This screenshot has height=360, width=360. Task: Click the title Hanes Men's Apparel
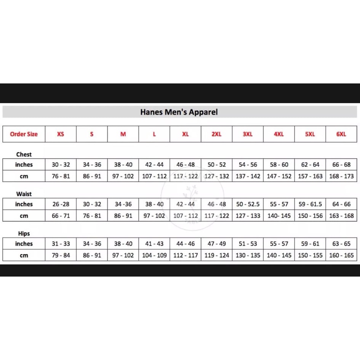click(179, 112)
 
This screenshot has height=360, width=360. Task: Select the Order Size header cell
click(24, 134)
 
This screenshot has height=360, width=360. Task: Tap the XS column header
click(61, 134)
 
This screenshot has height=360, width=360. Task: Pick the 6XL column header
click(341, 134)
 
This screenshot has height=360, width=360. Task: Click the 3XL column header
click(248, 134)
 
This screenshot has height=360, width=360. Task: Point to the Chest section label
click(24, 154)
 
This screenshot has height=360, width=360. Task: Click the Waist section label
click(24, 194)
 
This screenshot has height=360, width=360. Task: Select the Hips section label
click(24, 234)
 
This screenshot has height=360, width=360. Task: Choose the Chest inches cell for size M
click(123, 165)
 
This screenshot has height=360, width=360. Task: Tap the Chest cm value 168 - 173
click(341, 176)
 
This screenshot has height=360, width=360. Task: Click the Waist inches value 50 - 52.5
click(248, 204)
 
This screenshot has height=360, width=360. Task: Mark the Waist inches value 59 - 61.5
click(310, 204)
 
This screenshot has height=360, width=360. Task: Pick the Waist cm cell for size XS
click(61, 216)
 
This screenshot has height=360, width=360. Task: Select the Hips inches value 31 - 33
click(61, 244)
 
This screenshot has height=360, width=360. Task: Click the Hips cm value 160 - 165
click(341, 255)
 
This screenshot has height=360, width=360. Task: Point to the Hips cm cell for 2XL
click(217, 255)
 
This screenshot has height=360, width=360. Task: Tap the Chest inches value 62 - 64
click(310, 165)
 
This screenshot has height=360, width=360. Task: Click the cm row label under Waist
click(24, 216)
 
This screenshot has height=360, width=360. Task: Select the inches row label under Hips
click(24, 244)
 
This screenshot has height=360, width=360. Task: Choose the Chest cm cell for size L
click(154, 176)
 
